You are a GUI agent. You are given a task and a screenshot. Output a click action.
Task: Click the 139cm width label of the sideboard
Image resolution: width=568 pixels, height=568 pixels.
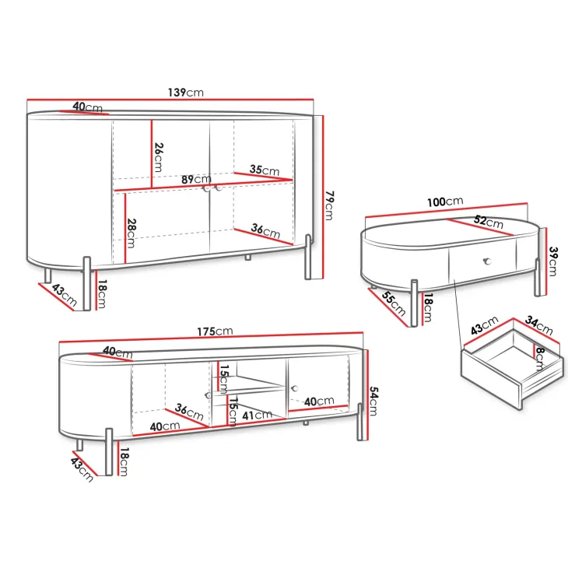click(x=185, y=93)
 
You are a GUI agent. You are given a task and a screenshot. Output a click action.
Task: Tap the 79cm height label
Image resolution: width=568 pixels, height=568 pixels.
click(x=329, y=205)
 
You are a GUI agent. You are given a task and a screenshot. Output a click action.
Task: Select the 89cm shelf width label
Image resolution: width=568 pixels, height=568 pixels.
click(x=196, y=179)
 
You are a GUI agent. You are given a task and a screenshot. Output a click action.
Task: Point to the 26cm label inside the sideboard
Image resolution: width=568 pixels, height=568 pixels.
click(x=158, y=157)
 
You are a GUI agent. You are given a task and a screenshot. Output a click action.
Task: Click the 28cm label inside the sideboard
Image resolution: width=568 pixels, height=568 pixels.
click(x=131, y=233)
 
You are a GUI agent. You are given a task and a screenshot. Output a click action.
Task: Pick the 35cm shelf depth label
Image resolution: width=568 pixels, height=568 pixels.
click(x=265, y=170)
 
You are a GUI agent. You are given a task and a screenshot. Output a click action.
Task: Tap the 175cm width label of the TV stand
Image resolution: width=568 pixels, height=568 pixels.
click(x=215, y=331)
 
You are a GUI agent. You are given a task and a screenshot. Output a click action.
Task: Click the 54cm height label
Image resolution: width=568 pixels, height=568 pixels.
click(x=373, y=401)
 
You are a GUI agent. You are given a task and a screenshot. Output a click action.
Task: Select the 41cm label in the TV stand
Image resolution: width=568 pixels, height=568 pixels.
click(x=257, y=415)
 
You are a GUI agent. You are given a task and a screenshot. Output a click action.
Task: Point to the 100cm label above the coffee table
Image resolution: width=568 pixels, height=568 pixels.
click(x=445, y=202)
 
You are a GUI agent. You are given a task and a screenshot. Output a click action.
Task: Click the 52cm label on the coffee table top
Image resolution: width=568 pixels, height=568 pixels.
click(x=489, y=221)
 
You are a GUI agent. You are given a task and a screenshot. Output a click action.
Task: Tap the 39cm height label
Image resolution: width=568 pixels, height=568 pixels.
click(x=552, y=261)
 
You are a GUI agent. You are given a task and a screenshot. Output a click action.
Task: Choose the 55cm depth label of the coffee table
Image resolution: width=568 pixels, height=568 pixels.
click(x=394, y=303)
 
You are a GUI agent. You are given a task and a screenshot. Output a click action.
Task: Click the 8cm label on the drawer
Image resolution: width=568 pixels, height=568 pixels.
click(x=540, y=359)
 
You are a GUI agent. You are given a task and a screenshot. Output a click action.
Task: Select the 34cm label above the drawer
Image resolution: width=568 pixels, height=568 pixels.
click(x=538, y=325)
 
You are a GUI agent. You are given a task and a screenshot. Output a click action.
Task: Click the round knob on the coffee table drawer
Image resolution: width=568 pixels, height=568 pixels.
click(x=487, y=261)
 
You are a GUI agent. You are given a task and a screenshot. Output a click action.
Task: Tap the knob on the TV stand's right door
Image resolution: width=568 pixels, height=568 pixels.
click(x=294, y=389)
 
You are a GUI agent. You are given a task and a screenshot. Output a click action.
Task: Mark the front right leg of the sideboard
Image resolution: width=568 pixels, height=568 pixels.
click(x=308, y=257)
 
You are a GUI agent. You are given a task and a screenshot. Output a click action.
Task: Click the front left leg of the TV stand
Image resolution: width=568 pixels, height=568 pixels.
click(x=109, y=452)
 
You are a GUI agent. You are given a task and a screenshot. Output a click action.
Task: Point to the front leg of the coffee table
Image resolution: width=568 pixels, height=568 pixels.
click(x=414, y=303)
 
